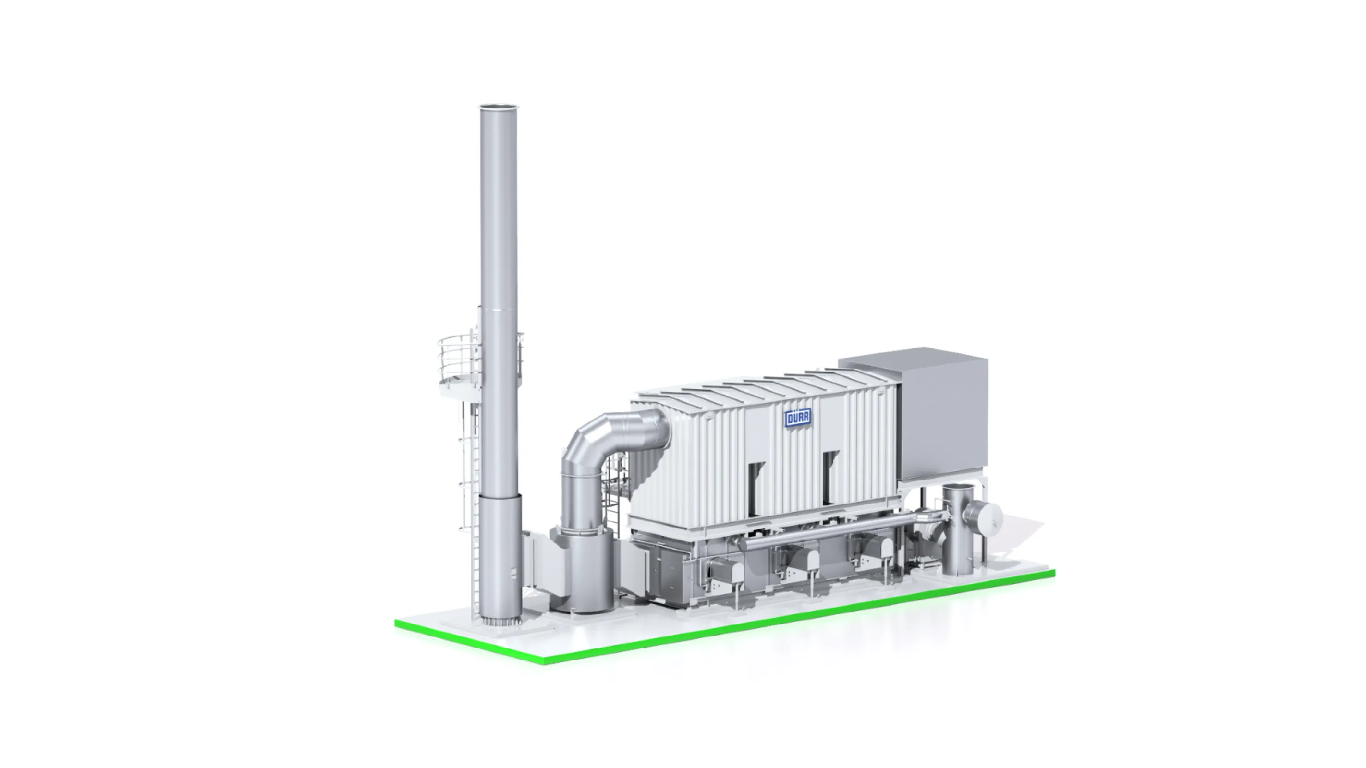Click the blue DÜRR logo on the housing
(797, 419)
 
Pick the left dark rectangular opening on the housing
(757, 486)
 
